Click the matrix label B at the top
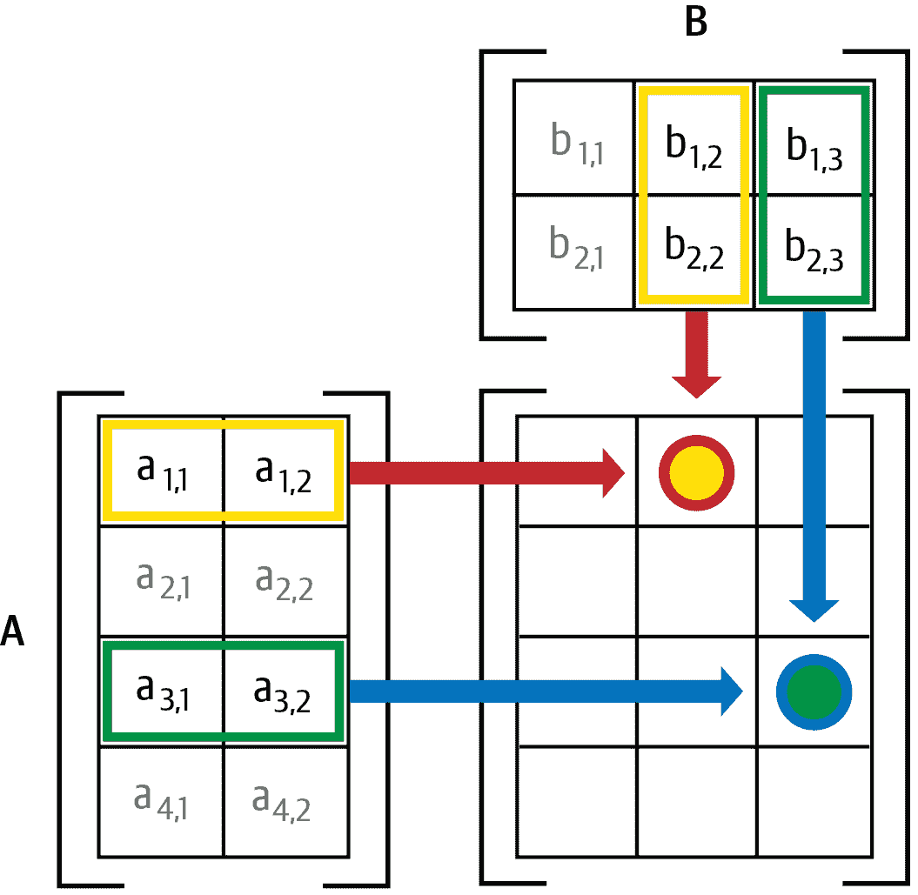coord(695,23)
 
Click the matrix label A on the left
coord(12,631)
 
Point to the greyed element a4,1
coord(162,801)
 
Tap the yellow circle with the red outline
coord(697,472)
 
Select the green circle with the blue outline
coord(814,692)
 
